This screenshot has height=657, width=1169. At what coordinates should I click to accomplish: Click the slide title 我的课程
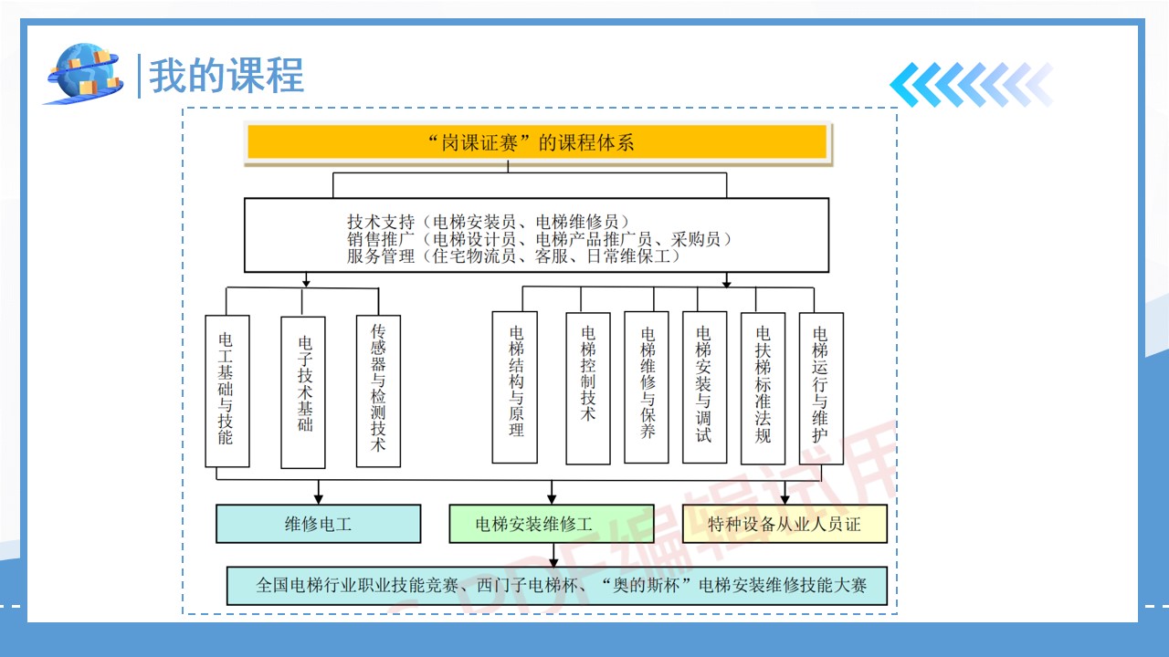[x=226, y=75]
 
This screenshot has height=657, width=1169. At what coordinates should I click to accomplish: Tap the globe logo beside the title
[x=84, y=73]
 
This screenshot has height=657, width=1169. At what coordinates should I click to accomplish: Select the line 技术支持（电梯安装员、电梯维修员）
[x=488, y=222]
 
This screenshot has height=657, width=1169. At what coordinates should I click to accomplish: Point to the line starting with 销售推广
[x=539, y=239]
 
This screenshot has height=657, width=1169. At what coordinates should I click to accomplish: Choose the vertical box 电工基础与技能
[x=226, y=391]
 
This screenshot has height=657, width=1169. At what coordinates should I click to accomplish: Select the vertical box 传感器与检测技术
[x=378, y=391]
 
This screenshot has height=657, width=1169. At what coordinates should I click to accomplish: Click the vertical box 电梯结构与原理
[x=515, y=387]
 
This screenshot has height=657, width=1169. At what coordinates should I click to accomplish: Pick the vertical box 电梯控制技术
[x=588, y=387]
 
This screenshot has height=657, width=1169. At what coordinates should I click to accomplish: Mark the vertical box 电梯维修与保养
[x=647, y=387]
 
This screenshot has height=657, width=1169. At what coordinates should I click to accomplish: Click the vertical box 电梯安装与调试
[x=704, y=387]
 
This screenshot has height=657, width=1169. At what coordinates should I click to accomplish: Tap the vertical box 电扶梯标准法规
[x=763, y=387]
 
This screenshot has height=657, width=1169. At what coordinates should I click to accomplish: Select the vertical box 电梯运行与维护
[x=821, y=387]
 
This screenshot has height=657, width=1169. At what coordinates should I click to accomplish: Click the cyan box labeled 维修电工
[x=318, y=524]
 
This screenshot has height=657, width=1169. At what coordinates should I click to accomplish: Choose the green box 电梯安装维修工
[x=551, y=524]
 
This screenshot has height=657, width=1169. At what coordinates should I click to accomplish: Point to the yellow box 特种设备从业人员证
[x=785, y=524]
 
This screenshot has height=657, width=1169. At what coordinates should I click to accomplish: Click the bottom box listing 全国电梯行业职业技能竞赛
[x=556, y=586]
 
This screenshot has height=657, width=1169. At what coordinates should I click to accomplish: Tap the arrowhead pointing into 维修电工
[x=319, y=498]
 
